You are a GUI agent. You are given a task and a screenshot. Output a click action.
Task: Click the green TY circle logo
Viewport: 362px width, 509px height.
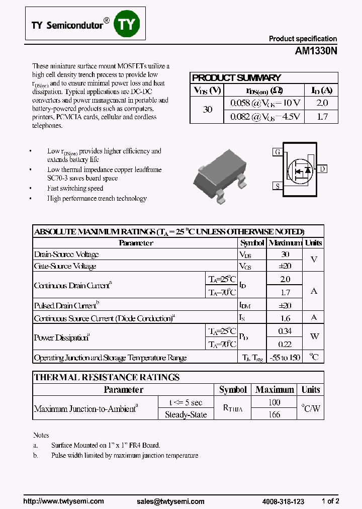(x=126, y=24)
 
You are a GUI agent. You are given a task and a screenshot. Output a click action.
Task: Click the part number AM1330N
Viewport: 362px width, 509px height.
(x=316, y=51)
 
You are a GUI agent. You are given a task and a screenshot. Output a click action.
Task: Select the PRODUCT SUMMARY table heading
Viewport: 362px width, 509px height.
(x=236, y=77)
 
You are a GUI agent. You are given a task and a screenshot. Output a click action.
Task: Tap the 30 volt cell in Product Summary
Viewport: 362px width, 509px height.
(x=207, y=109)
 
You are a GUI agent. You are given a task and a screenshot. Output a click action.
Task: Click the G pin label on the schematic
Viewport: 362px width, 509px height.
(x=277, y=152)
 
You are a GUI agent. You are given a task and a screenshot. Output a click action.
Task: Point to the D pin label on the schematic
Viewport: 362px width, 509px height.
(x=322, y=169)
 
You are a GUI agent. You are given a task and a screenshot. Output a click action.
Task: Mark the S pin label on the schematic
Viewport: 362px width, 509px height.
(x=277, y=186)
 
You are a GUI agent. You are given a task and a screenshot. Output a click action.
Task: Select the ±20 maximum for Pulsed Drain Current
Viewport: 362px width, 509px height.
(x=285, y=305)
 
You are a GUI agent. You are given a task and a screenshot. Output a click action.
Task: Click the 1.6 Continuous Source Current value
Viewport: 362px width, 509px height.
(x=285, y=318)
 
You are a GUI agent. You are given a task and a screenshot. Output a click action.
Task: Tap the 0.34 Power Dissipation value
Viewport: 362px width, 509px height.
(x=285, y=331)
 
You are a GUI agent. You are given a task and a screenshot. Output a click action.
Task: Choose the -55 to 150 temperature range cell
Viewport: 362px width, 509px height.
(x=285, y=358)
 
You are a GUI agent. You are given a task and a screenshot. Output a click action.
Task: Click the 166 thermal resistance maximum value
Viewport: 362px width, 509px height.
(x=275, y=414)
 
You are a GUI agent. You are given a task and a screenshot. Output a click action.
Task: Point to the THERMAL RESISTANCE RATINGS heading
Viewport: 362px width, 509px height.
(x=107, y=377)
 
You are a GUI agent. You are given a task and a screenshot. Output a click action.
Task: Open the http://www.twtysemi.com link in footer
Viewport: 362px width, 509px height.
(x=64, y=501)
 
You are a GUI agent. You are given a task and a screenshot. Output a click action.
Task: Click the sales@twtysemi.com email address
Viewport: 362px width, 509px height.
(x=170, y=501)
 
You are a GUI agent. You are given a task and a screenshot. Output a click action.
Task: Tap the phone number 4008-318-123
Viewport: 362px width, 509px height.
(x=283, y=501)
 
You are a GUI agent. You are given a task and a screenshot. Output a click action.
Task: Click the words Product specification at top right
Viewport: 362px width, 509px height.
(x=303, y=39)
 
